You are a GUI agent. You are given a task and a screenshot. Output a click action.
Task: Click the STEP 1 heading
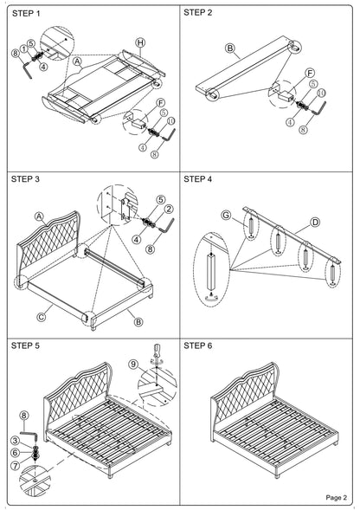pos(26,14)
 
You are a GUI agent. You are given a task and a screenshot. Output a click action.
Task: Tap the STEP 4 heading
pos(197,179)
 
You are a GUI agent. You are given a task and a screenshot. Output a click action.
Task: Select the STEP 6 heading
pos(197,345)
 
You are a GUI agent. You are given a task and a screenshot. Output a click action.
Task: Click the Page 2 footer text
pos(337,498)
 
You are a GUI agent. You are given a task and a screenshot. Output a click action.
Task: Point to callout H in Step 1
pos(140,42)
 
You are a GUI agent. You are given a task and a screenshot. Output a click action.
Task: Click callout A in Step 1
pos(77,61)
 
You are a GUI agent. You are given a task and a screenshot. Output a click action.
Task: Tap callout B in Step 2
pos(230,48)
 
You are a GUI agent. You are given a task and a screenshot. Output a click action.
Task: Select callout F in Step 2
pos(311,74)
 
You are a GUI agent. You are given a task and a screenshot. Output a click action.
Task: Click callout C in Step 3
pos(42,317)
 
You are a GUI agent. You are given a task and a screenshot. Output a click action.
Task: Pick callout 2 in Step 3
pos(169,210)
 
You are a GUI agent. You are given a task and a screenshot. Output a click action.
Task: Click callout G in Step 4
pos(226,215)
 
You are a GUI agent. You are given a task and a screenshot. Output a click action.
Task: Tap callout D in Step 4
pos(315,223)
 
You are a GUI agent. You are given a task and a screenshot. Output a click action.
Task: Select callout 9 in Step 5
pos(132,364)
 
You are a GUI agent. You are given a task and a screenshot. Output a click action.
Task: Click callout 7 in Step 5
pos(16,466)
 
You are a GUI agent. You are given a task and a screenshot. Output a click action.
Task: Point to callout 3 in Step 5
pos(16,441)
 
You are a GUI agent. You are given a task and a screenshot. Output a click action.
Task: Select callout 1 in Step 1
pos(23,48)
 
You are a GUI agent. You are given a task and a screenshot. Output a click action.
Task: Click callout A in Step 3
pos(39,216)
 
